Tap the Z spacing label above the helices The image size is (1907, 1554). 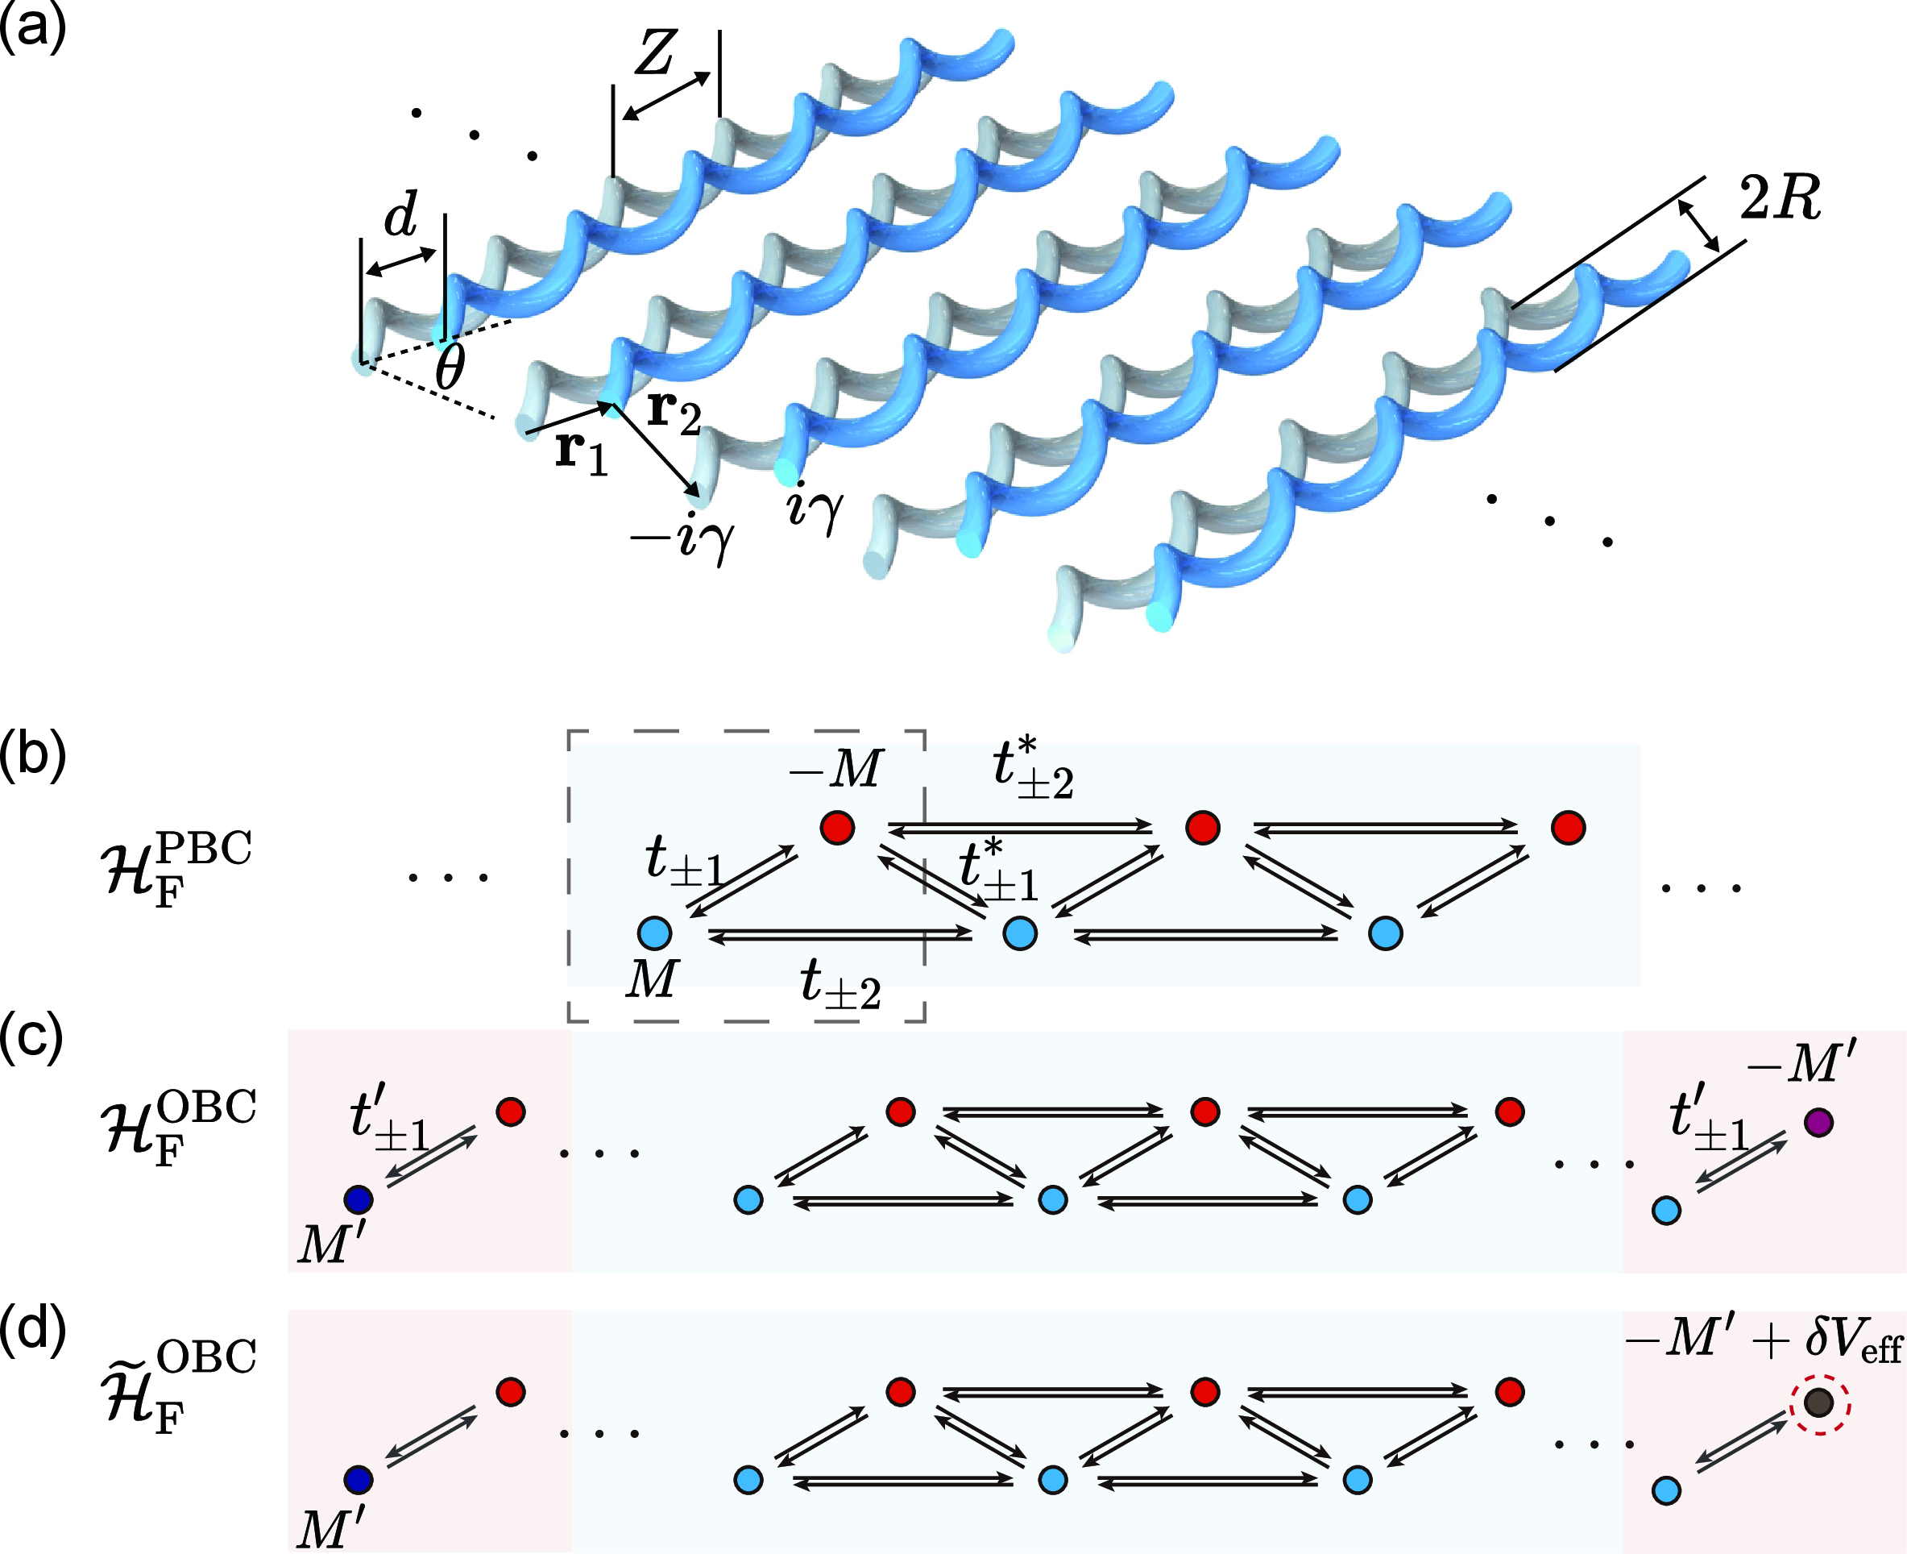[655, 54]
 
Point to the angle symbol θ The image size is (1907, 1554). [450, 367]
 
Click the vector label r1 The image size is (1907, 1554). [581, 452]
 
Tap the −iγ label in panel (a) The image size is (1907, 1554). [682, 539]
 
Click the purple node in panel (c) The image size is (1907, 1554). [1818, 1122]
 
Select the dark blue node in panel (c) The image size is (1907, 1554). [358, 1199]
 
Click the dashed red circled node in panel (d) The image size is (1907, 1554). [1819, 1402]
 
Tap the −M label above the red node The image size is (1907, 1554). [835, 768]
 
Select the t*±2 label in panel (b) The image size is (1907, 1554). [1032, 768]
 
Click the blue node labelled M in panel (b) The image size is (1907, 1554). [654, 933]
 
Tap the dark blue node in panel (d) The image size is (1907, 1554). [358, 1479]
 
